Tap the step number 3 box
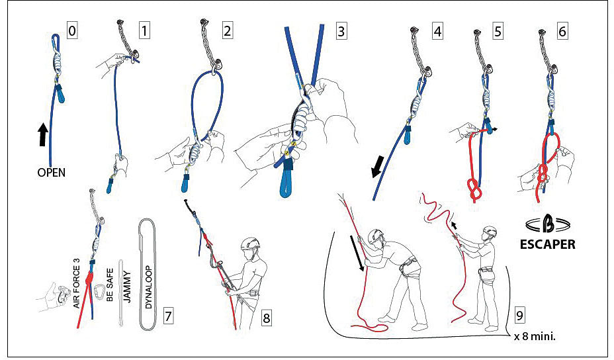tap(341, 30)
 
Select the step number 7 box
tap(169, 316)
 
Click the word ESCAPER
tap(546, 244)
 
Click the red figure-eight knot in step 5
tap(474, 190)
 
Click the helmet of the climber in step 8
tap(249, 243)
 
